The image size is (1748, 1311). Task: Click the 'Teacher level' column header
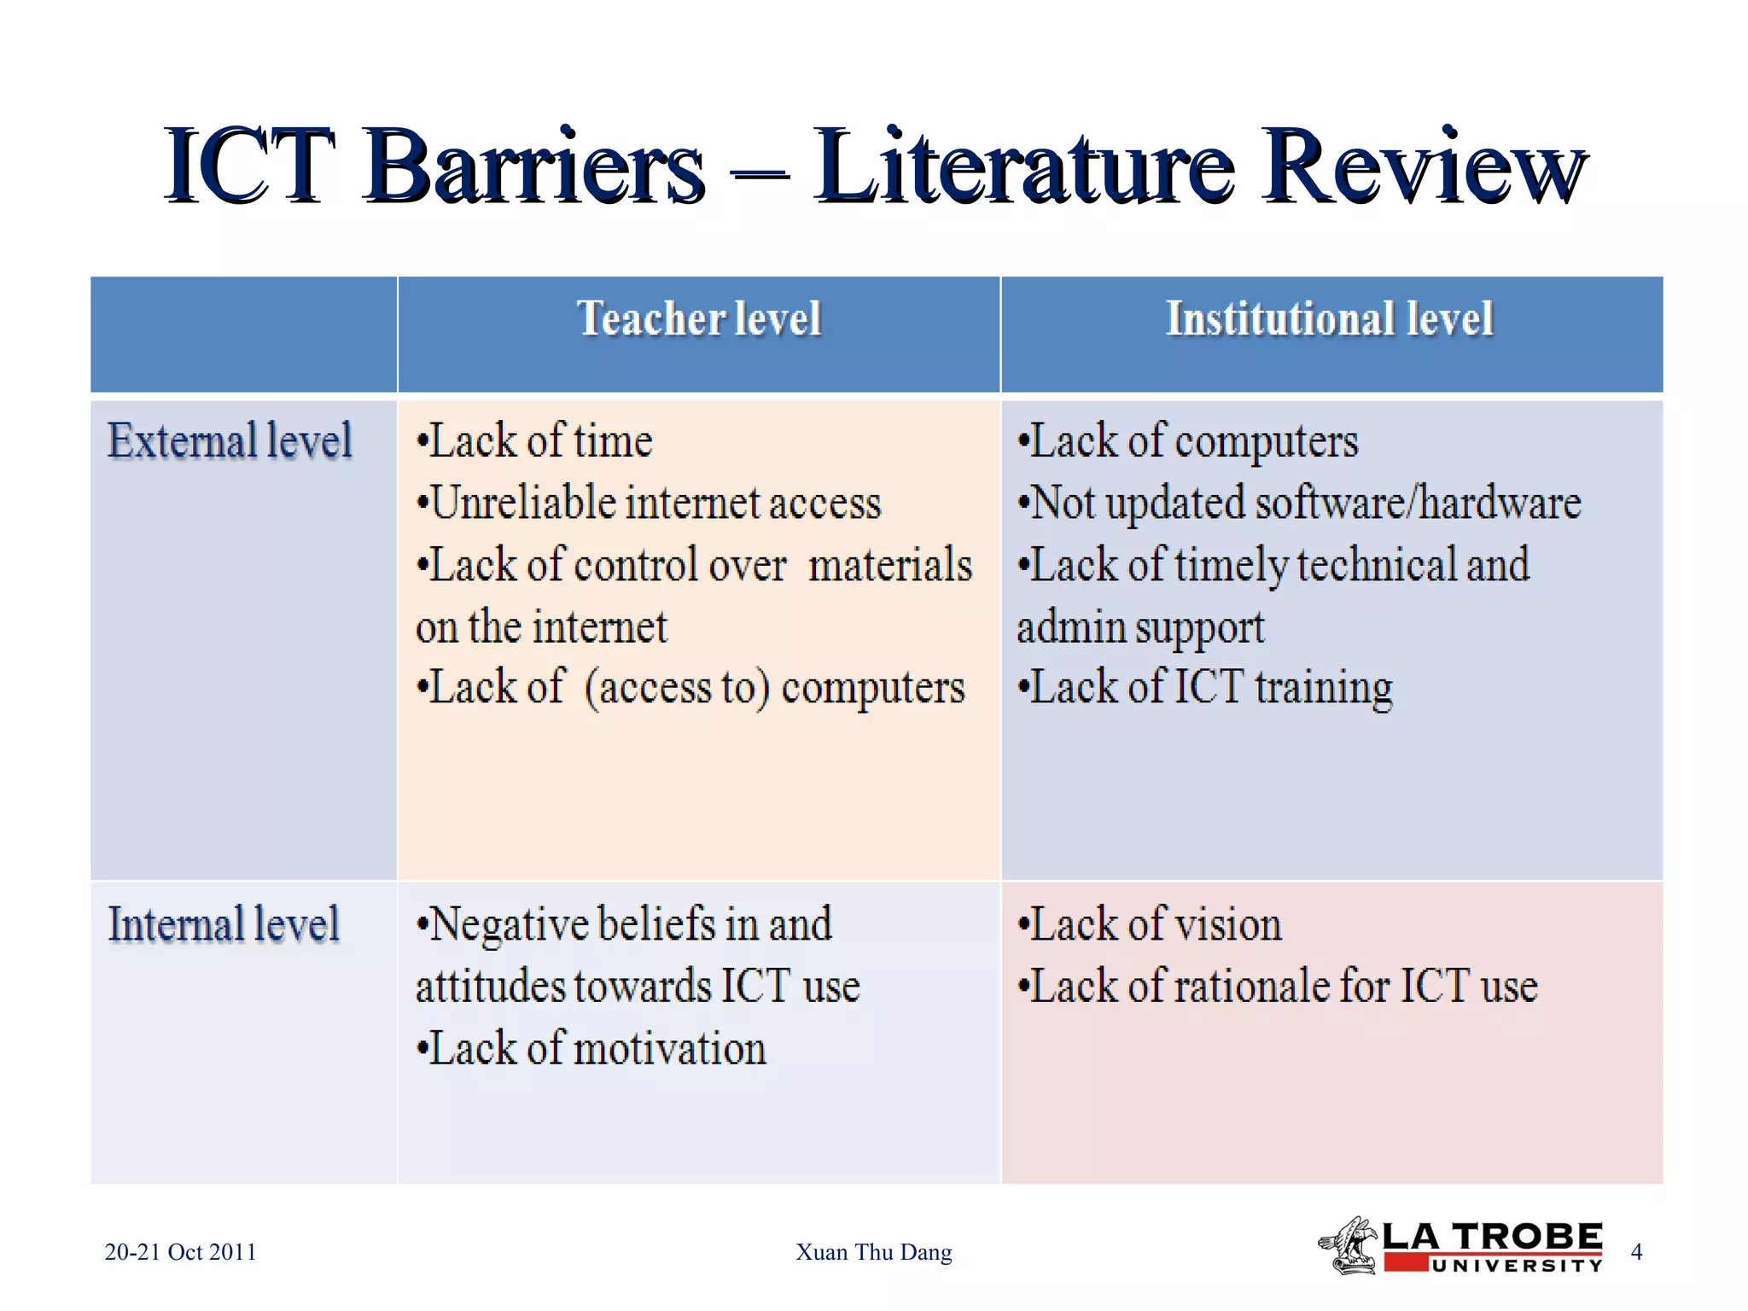point(699,319)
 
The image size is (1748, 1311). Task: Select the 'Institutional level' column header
point(1329,319)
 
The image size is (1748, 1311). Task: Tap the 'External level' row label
point(230,441)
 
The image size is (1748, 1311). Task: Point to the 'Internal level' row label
point(224,924)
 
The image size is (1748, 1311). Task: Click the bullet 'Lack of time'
point(535,441)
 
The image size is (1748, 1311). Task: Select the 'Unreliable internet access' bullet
point(649,503)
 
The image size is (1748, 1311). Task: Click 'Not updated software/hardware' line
point(1299,503)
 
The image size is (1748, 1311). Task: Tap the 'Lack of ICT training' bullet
point(1205,688)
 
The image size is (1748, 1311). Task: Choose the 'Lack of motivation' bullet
point(591,1048)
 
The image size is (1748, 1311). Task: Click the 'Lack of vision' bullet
point(1150,924)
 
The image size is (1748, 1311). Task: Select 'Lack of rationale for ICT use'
point(1278,987)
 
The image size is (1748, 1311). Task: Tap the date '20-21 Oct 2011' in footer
point(180,1252)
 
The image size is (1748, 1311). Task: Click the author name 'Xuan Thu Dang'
point(873,1252)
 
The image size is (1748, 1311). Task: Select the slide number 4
point(1636,1252)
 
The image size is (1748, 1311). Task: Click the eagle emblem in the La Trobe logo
point(1349,1246)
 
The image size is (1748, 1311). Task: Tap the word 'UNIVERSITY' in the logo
point(1517,1266)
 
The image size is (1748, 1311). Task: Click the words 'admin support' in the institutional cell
point(1140,627)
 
